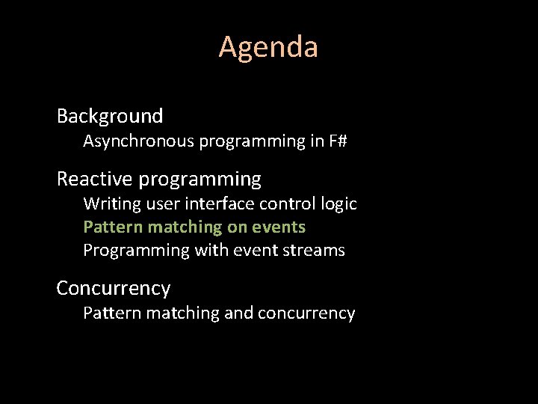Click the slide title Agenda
268,47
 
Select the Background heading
110,116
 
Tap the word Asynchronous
138,141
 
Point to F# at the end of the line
338,141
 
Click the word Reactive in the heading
95,180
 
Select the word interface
207,203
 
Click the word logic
339,203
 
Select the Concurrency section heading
114,288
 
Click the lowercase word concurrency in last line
306,313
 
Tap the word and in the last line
239,313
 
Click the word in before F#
315,141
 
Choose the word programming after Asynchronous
252,141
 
